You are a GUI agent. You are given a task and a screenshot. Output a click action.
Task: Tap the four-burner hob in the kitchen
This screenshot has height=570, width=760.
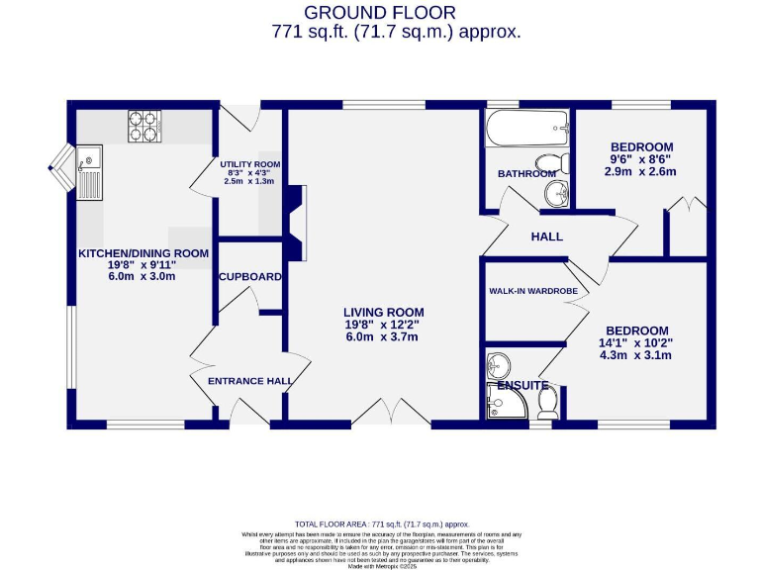[x=143, y=127]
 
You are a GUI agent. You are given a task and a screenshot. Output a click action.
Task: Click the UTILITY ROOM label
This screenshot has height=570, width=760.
[x=251, y=164]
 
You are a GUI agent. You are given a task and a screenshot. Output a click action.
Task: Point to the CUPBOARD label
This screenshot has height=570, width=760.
[x=250, y=277]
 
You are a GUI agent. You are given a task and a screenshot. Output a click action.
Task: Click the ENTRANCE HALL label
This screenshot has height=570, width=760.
[x=249, y=381]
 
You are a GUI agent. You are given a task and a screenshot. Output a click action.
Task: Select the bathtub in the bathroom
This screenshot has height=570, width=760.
[x=526, y=130]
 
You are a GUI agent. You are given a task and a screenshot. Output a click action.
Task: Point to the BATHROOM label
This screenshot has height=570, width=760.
[x=526, y=174]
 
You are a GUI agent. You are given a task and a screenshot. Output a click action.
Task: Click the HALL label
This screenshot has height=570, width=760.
[x=546, y=237]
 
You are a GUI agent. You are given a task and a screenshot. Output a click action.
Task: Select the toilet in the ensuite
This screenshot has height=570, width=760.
[x=547, y=401]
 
